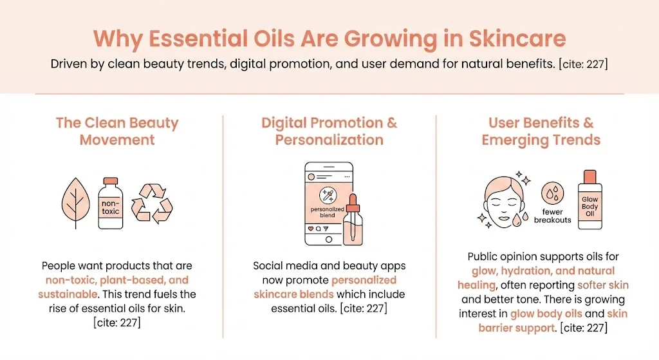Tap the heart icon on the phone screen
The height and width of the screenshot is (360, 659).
click(310, 229)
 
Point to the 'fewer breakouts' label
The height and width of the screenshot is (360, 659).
click(552, 216)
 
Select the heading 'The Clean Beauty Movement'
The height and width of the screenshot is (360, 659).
click(117, 131)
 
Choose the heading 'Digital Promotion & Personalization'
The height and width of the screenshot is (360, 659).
click(329, 131)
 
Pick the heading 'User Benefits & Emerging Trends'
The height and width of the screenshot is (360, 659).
click(541, 131)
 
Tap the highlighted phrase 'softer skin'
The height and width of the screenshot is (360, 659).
click(602, 285)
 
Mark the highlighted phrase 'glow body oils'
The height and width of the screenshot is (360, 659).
click(547, 314)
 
